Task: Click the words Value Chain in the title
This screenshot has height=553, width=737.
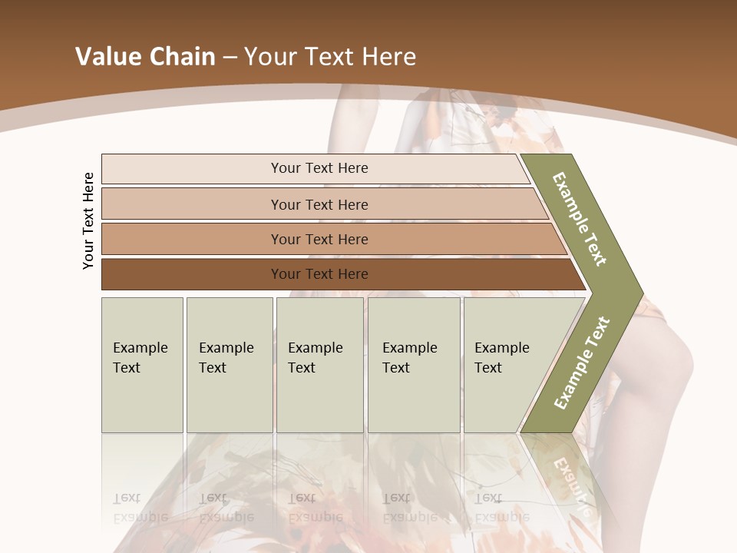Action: pos(145,57)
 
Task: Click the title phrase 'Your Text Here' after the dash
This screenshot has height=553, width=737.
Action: pos(330,57)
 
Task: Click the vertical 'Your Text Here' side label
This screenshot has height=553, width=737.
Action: pos(88,220)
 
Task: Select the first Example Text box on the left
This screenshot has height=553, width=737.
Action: pos(142,365)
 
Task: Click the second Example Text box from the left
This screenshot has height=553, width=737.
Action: pos(229,365)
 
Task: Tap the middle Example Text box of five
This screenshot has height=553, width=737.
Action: pos(319,365)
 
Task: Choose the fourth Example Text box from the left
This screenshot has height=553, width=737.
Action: pos(413,365)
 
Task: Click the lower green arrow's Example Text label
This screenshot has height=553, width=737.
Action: pos(582,363)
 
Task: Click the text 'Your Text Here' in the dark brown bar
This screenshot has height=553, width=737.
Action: pos(319,274)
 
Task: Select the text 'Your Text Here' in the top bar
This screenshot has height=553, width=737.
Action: pos(319,168)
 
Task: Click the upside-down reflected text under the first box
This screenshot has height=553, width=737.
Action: pos(140,507)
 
